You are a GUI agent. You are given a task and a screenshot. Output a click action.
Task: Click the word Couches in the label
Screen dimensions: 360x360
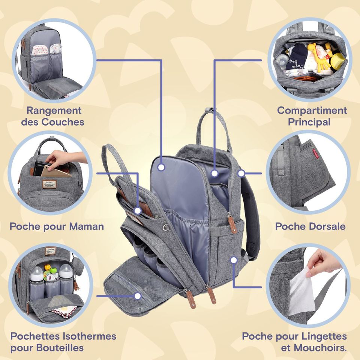63,122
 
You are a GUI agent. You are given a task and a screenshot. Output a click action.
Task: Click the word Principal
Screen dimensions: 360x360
309,122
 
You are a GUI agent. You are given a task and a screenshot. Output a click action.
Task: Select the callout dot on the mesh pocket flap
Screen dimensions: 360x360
137,296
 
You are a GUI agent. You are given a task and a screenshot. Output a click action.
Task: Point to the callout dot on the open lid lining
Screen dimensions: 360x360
161,167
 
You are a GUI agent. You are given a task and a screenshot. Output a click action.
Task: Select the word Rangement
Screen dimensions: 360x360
54,111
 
